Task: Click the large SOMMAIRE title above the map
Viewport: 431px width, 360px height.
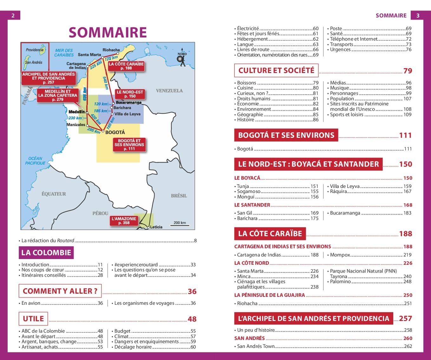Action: coord(108,32)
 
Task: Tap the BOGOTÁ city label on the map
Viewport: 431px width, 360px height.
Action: coord(115,132)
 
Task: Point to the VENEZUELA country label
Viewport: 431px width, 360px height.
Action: coord(169,91)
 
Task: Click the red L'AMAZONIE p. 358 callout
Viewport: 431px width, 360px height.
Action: coord(124,221)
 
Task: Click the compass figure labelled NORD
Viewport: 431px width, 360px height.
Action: coord(182,58)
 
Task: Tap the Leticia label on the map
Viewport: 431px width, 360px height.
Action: coord(156,227)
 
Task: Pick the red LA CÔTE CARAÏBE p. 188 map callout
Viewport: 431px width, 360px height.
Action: coord(126,66)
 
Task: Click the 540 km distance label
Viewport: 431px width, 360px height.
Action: coord(106,83)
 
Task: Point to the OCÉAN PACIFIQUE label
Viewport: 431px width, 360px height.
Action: coord(35,161)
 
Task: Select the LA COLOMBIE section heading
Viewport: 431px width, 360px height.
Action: coord(46,253)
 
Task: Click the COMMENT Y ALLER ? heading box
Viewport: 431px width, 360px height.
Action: coord(60,291)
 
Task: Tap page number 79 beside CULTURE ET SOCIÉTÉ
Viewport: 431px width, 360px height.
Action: coord(408,71)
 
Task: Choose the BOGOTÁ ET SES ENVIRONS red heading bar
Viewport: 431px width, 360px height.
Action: coord(286,135)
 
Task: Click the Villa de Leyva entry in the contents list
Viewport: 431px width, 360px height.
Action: coord(345,186)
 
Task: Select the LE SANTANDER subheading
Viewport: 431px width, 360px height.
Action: coord(252,205)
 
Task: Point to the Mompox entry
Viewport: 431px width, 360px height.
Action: coord(340,255)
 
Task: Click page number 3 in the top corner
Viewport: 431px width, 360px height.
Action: coord(418,15)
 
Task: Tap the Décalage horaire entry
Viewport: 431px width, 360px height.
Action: coord(133,347)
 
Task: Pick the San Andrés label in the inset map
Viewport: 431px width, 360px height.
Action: coord(34,62)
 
